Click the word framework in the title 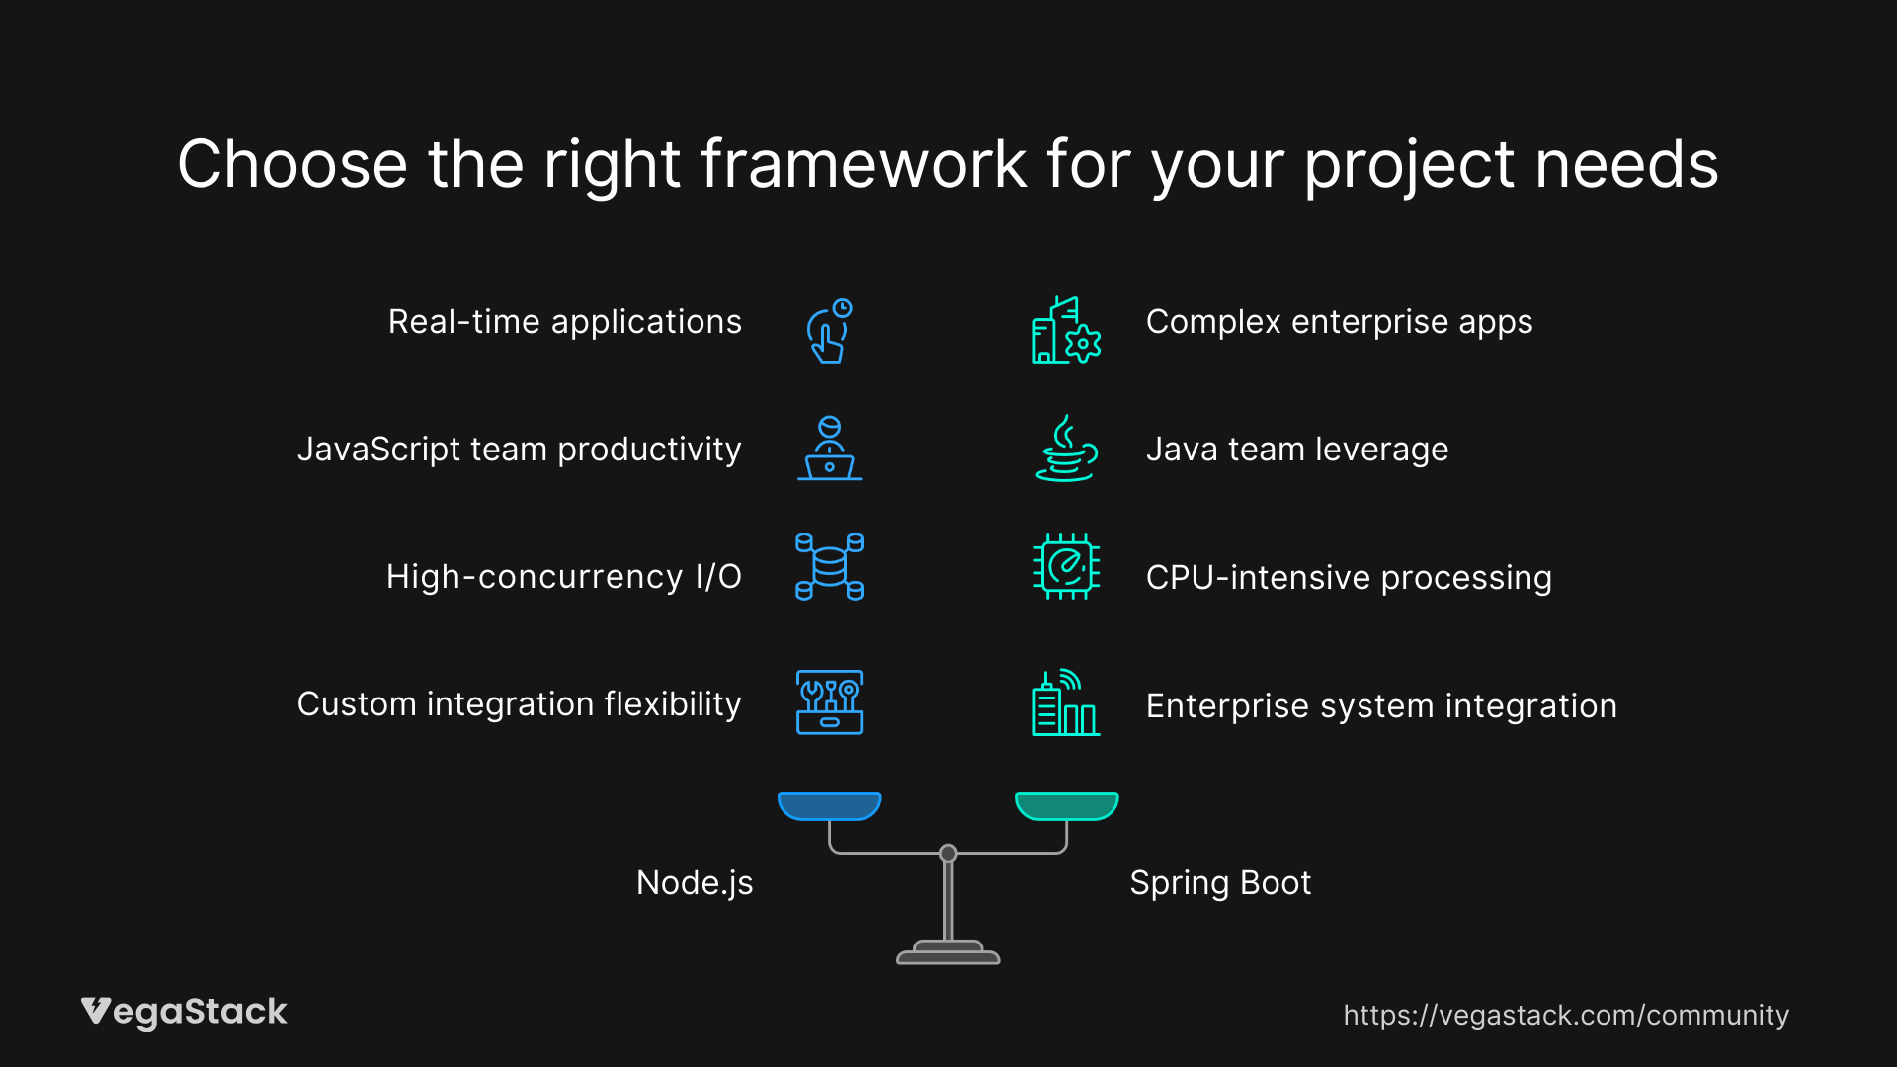[x=864, y=164]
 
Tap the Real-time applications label [x=564, y=322]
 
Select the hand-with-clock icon [x=829, y=331]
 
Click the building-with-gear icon [x=1066, y=331]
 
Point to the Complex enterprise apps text [x=1339, y=322]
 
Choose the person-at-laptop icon [x=829, y=449]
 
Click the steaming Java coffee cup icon [x=1066, y=449]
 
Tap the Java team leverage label [x=1296, y=450]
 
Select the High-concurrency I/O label [x=563, y=577]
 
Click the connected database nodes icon [x=829, y=566]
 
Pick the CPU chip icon [x=1066, y=567]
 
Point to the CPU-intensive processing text [x=1349, y=578]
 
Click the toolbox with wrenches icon [x=829, y=702]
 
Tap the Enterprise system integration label [x=1381, y=706]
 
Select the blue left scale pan [x=829, y=806]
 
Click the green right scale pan [x=1066, y=806]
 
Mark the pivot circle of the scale [x=948, y=853]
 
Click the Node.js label [x=695, y=883]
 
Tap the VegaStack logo [x=184, y=1012]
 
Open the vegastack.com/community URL [x=1565, y=1016]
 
